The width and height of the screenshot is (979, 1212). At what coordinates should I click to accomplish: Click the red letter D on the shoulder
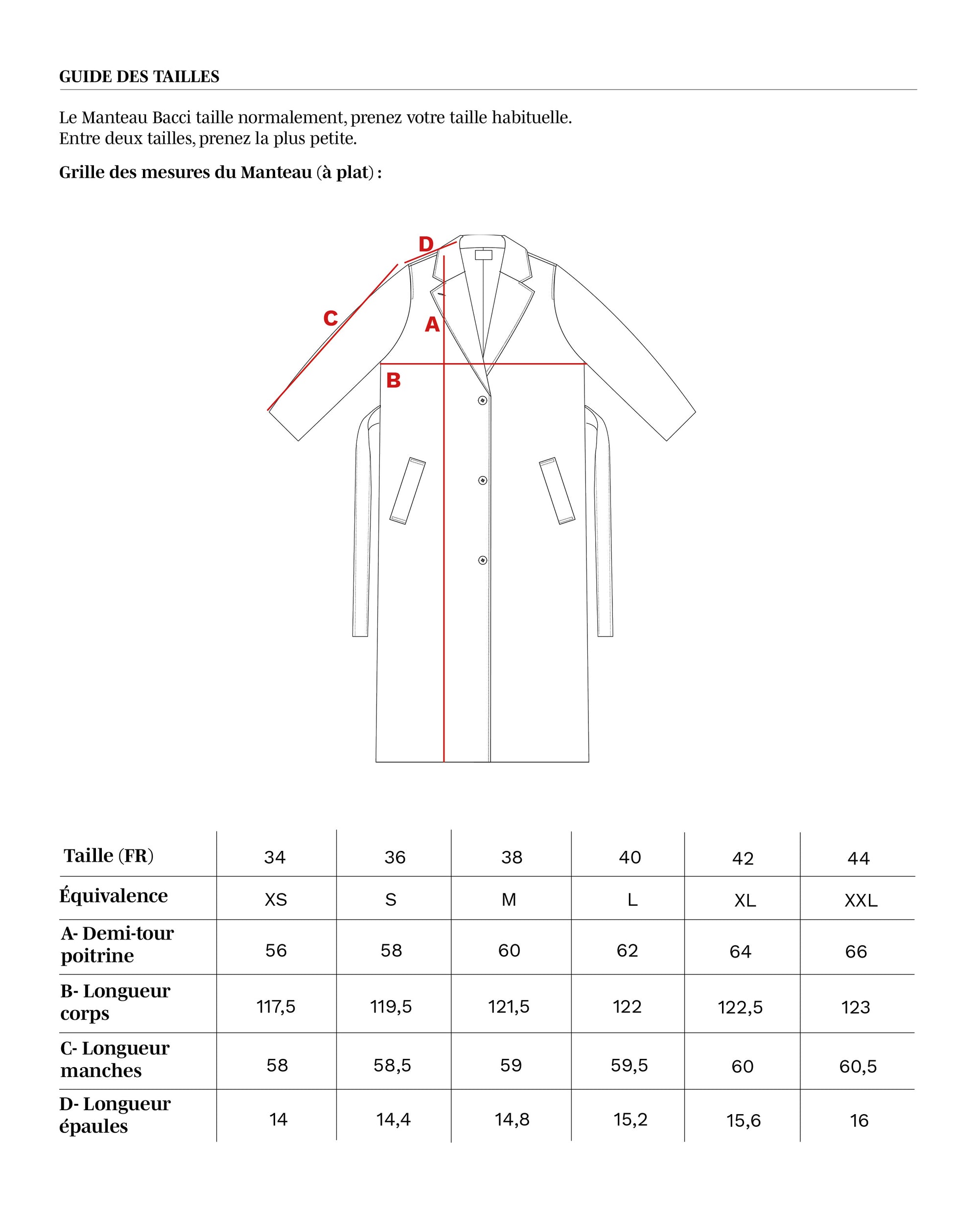point(426,244)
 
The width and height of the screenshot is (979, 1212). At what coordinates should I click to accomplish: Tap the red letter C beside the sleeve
point(330,319)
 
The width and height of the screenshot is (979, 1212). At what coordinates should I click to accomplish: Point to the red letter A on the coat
point(432,325)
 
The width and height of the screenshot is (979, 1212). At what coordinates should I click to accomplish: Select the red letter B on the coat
point(393,381)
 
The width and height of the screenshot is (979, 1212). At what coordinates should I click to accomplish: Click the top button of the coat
point(482,400)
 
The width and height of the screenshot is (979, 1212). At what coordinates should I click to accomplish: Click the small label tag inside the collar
point(483,255)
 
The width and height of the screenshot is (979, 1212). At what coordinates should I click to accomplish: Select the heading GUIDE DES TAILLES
point(140,77)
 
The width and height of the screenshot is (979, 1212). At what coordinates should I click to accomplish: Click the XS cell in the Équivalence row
point(276,900)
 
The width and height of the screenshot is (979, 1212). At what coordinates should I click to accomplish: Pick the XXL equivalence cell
point(861,901)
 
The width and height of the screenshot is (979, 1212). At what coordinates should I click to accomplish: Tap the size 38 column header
point(512,857)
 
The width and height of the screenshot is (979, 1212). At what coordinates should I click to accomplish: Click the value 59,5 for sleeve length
point(629,1065)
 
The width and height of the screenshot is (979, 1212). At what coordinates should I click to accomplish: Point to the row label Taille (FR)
point(108,856)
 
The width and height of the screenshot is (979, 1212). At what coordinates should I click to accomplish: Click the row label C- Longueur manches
point(115,1059)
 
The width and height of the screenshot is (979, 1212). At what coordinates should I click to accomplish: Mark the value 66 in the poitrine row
point(856,952)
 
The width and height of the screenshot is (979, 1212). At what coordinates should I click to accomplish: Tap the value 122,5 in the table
point(740,1007)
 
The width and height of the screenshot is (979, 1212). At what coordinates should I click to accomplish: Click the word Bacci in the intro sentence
point(171,118)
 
